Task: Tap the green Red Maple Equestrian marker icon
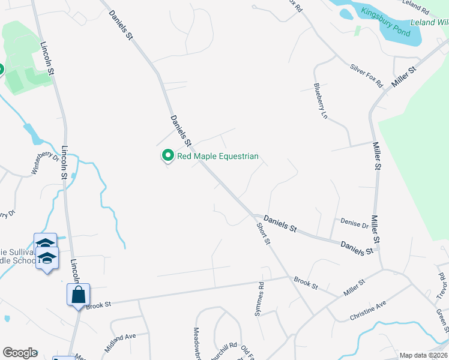click(167, 156)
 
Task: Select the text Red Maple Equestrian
click(217, 157)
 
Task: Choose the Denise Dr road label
click(354, 224)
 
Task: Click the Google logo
click(20, 353)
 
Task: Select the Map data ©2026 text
click(423, 355)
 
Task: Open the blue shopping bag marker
click(78, 295)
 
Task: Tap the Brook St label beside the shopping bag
click(99, 305)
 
